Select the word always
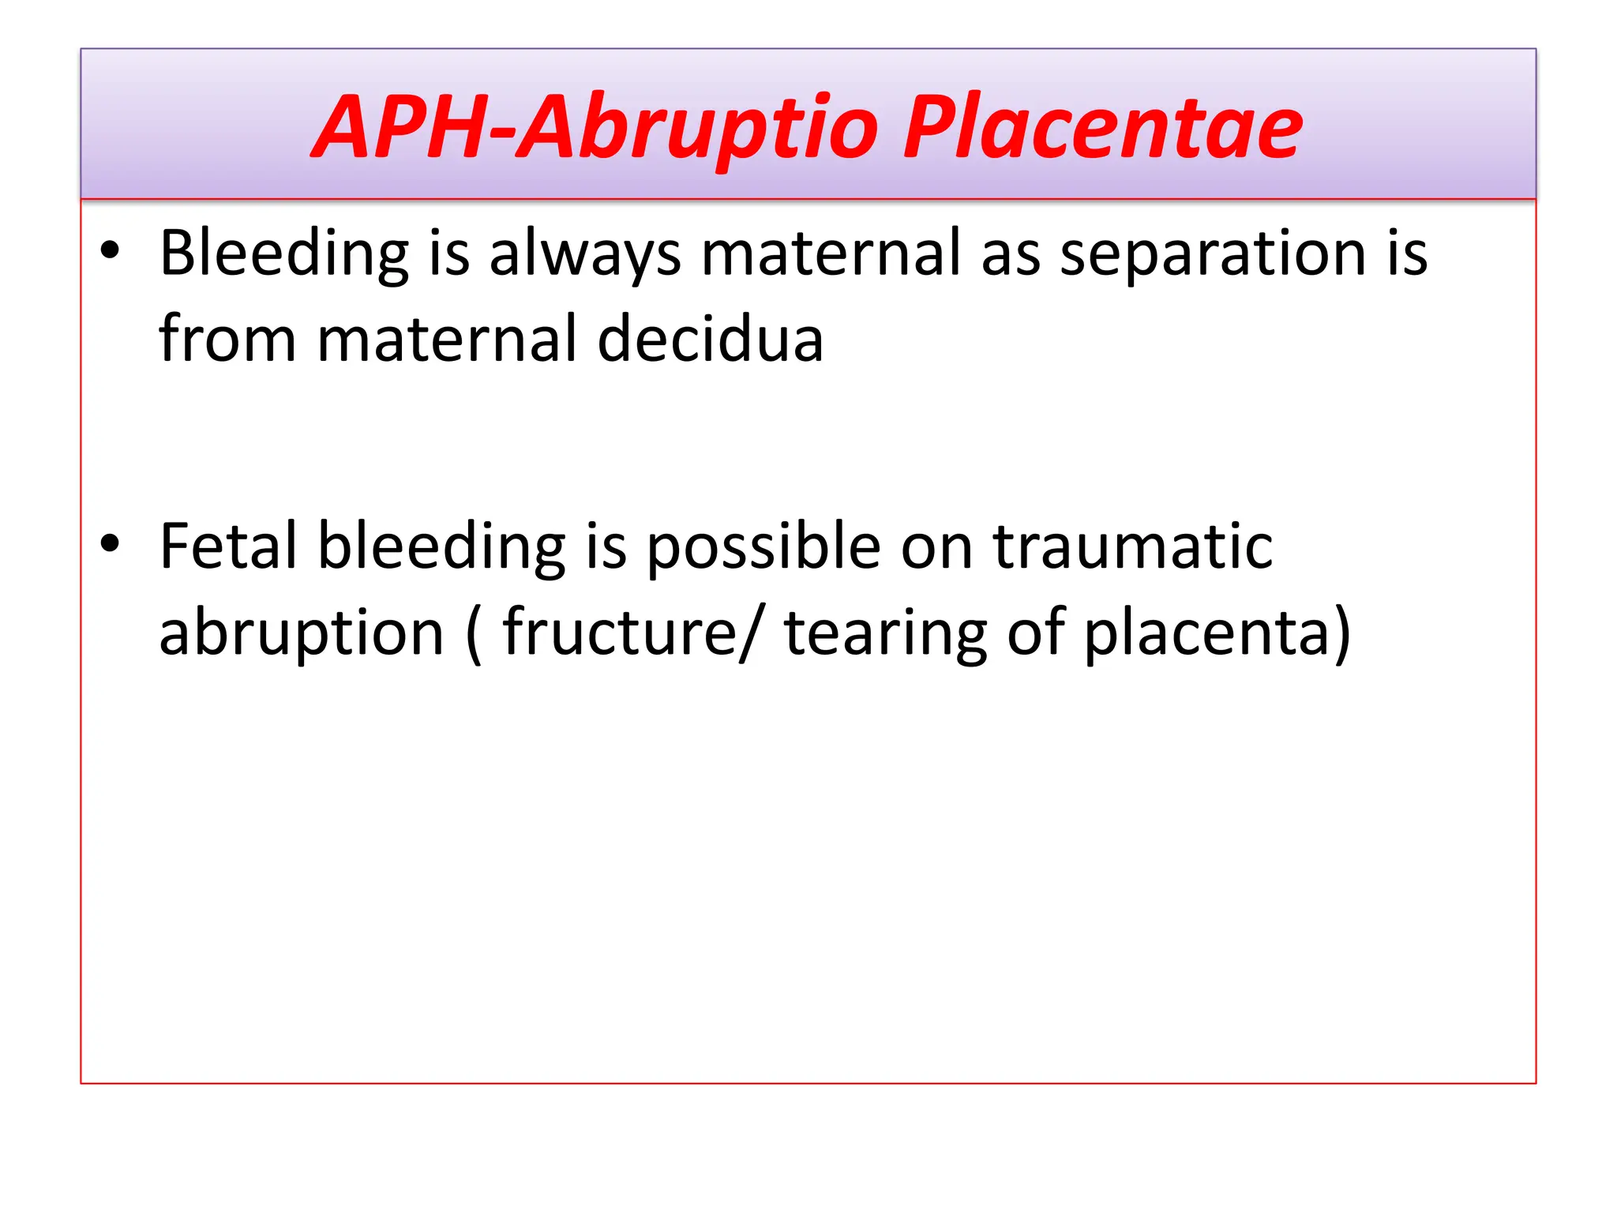point(584,254)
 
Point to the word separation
point(1212,254)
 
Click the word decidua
point(710,340)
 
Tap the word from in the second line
point(227,340)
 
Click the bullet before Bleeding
point(110,250)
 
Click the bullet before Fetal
point(110,543)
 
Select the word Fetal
point(228,546)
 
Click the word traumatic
point(1133,546)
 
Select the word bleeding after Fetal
point(441,548)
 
